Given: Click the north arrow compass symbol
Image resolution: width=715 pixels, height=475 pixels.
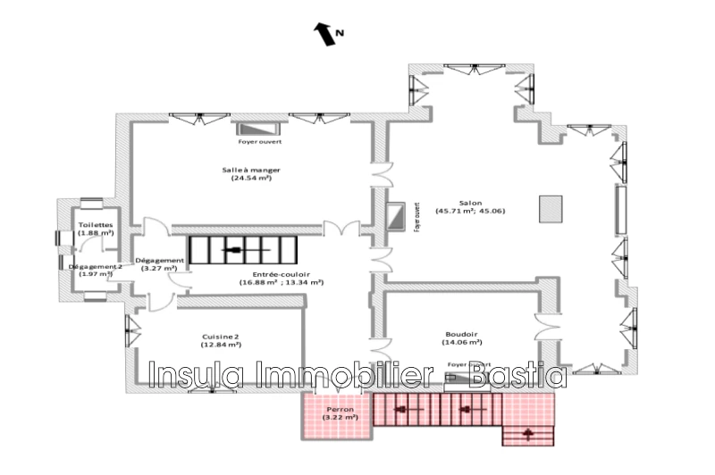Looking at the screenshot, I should tap(321, 35).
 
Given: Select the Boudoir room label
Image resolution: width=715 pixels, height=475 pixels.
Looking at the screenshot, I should tap(461, 332).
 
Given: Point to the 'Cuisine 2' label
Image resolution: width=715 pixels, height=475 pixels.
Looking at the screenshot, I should tap(221, 337).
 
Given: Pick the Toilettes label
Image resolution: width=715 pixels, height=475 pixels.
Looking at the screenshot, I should tap(95, 225).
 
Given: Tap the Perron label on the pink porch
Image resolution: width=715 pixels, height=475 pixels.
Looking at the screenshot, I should tap(339, 409).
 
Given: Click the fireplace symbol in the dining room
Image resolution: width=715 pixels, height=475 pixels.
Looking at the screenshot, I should tap(255, 129).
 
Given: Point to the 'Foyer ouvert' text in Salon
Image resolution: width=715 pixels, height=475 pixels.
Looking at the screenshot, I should tap(416, 217).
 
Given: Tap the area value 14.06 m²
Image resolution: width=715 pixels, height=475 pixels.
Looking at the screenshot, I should tap(461, 342).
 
